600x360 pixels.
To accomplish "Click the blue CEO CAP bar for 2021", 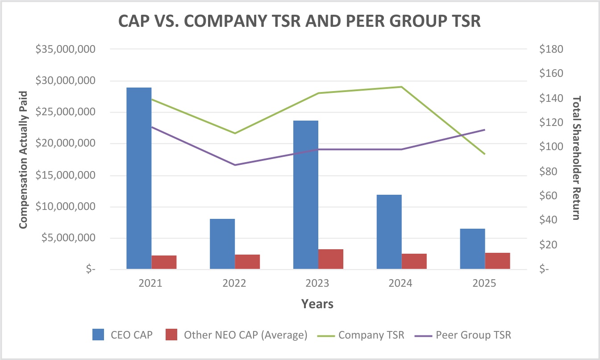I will [x=139, y=178].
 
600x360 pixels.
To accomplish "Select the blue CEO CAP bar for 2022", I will [x=222, y=244].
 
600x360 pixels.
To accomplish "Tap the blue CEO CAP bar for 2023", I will [x=306, y=195].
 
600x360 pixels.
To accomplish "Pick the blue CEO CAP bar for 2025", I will [x=472, y=249].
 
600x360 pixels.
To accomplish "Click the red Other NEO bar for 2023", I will [x=331, y=259].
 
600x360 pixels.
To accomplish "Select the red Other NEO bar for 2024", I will [x=414, y=261].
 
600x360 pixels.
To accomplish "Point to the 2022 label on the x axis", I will [x=234, y=284].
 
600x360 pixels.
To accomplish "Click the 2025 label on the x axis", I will [x=484, y=284].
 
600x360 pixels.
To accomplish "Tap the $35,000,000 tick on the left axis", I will [x=66, y=49].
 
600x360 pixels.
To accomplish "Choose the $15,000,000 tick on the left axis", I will [x=66, y=176].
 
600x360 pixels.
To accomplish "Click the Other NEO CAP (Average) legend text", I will [x=245, y=335].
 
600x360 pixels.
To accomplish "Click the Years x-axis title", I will [x=317, y=304].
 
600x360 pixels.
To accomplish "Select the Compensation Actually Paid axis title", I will [x=23, y=159].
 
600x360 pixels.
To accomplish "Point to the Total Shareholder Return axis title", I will [x=576, y=158].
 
